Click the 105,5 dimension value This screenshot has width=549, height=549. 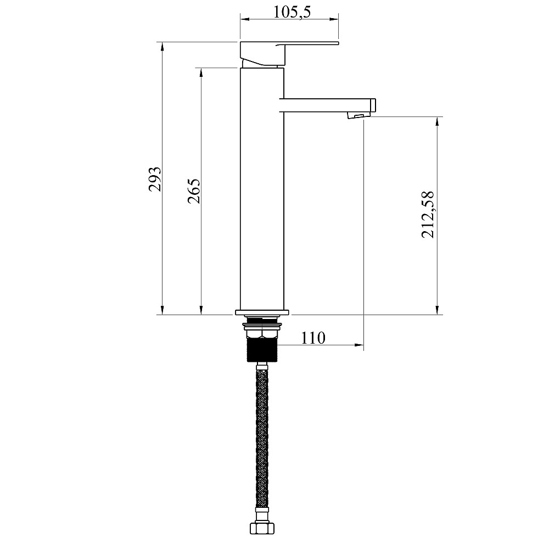click(x=292, y=12)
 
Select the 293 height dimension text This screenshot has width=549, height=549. click(x=155, y=180)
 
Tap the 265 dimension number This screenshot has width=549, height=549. click(x=194, y=191)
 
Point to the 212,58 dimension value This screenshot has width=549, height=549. click(x=428, y=215)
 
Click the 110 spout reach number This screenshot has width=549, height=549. click(x=313, y=338)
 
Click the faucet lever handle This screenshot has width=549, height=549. click(x=289, y=54)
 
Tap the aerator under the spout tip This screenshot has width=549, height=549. click(x=357, y=115)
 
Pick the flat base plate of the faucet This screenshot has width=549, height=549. click(x=262, y=312)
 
